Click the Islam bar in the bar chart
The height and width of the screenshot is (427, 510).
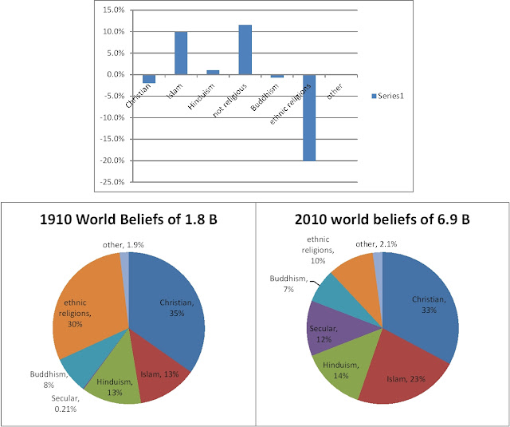[181, 53]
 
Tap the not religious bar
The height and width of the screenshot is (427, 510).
[245, 49]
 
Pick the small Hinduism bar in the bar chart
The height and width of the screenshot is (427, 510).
[213, 73]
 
